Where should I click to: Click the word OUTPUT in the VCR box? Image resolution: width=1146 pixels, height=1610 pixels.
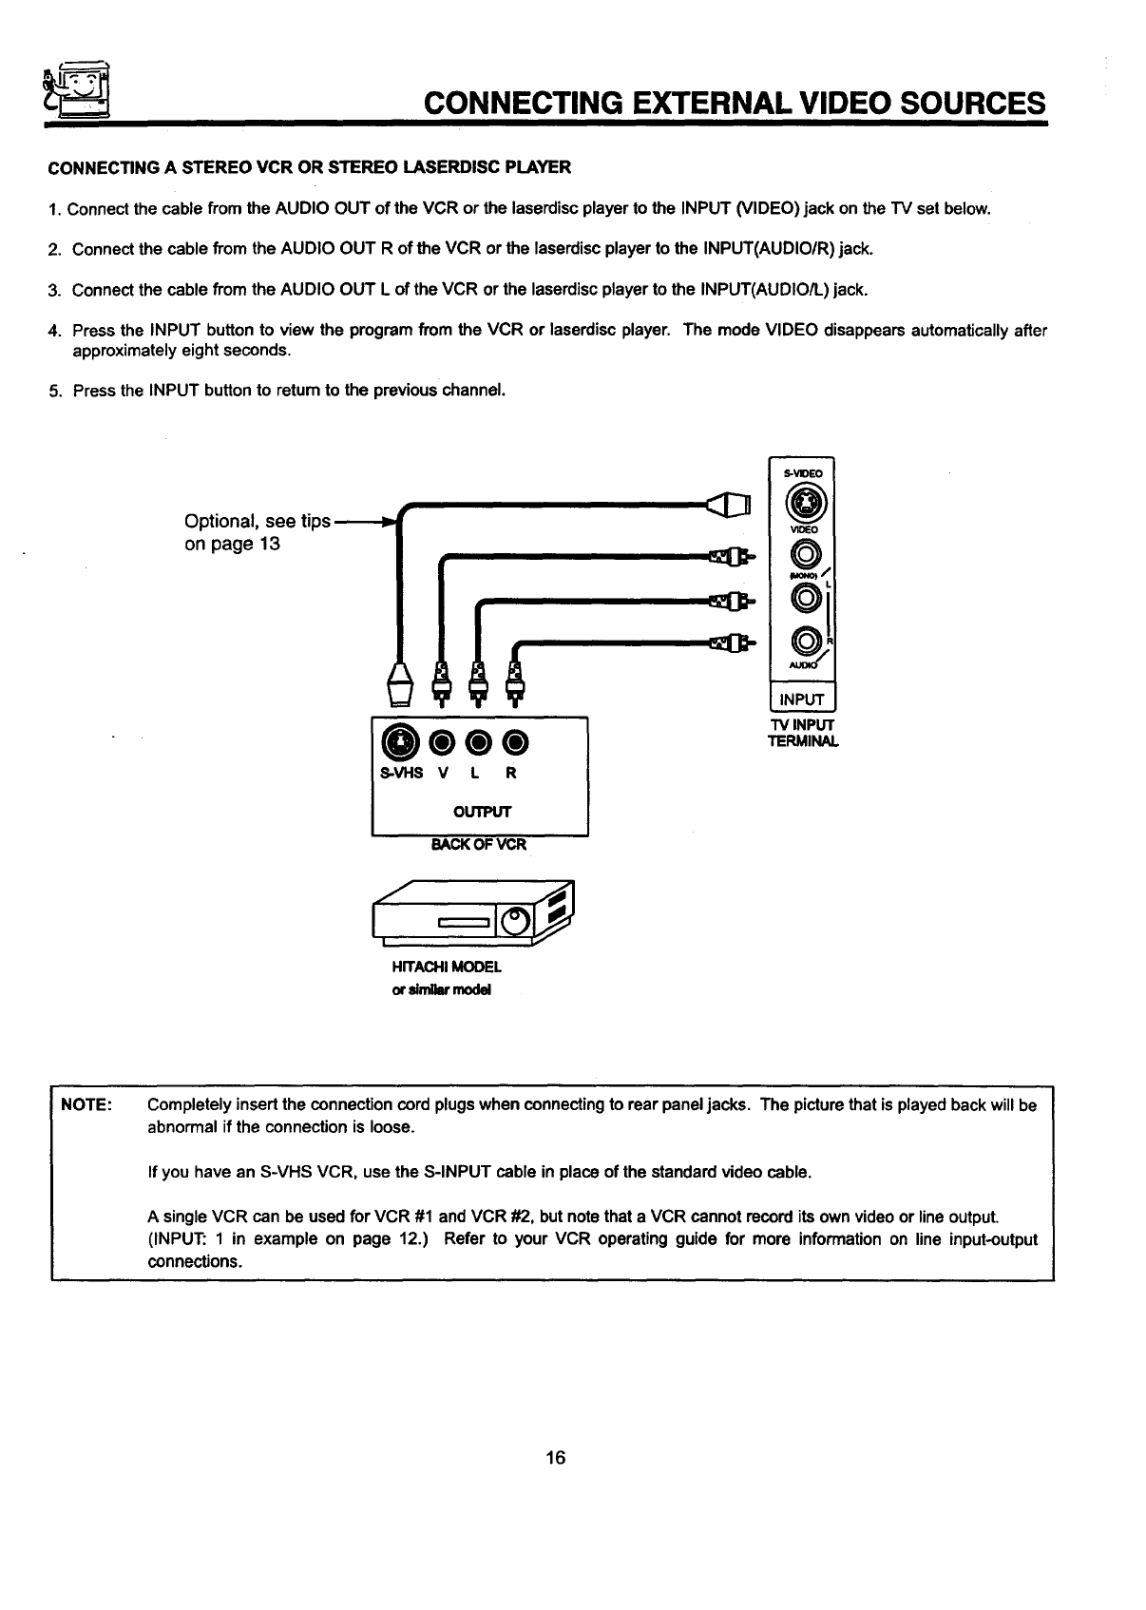pos(482,812)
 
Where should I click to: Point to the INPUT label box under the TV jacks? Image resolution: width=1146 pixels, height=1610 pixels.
pos(801,700)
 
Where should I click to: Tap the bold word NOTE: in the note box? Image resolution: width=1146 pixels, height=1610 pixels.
pos(87,1105)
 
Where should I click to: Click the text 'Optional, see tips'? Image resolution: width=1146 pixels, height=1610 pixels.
pos(258,522)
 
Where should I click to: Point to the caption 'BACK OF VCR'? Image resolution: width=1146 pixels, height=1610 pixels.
pos(479,844)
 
